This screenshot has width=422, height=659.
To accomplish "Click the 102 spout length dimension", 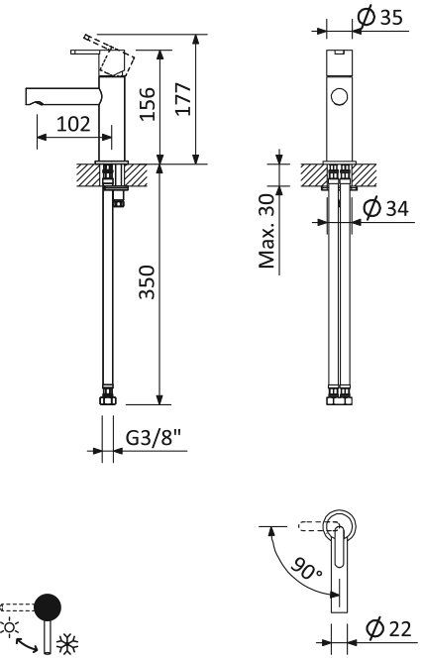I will [x=73, y=125].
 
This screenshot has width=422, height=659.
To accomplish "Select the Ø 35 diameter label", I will [x=385, y=17].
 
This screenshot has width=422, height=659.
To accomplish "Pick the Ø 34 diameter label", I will [x=384, y=209].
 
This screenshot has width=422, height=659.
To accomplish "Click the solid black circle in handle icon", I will [x=47, y=607].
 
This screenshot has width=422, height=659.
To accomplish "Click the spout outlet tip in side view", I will [x=29, y=97].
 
